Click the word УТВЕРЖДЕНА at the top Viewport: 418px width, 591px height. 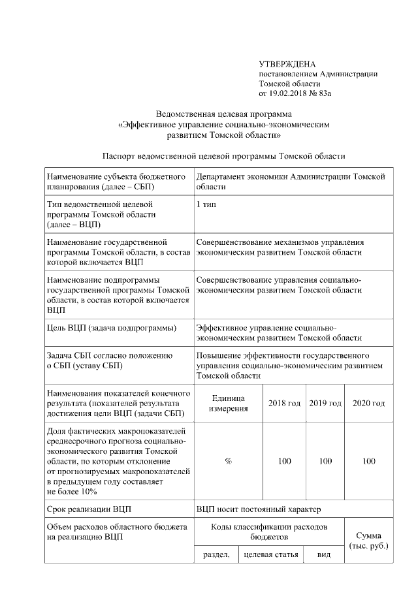coord(287,64)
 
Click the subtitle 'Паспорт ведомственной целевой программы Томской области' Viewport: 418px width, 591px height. coord(223,155)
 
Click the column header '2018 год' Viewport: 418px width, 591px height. coord(284,404)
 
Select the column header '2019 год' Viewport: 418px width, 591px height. coord(325,404)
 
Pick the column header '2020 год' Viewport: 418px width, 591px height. coord(368,404)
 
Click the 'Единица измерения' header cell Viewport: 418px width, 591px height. coord(228,404)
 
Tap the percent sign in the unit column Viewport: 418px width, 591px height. coord(228,461)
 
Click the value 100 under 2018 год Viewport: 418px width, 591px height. coord(284,461)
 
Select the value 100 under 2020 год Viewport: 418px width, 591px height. coord(368,461)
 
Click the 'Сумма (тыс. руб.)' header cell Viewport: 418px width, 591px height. coord(369,540)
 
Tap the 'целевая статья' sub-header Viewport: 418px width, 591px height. coord(270,554)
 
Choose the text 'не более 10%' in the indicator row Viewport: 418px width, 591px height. coord(72,491)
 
